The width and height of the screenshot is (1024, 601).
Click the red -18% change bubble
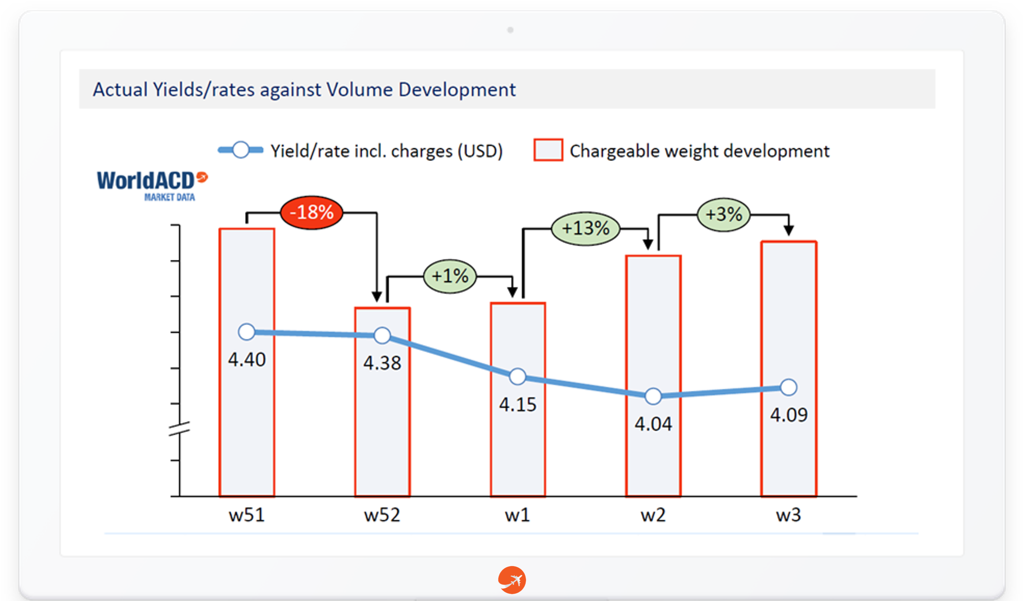[x=312, y=212]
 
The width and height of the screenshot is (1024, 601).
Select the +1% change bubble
[x=450, y=276]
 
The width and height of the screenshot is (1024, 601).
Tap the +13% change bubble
[x=585, y=228]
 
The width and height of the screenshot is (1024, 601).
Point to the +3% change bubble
[x=724, y=214]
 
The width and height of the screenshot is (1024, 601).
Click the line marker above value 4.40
[x=247, y=332]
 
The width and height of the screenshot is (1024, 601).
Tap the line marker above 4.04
[x=653, y=396]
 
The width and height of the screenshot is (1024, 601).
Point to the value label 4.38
[x=382, y=363]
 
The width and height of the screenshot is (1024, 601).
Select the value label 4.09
[x=789, y=415]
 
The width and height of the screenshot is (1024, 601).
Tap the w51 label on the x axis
[x=247, y=515]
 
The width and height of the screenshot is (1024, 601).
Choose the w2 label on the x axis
[x=653, y=515]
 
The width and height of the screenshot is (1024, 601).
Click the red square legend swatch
[x=548, y=150]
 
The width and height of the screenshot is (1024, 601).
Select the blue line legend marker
[x=241, y=150]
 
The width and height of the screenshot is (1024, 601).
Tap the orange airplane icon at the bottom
[x=512, y=580]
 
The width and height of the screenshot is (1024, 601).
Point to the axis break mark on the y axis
[x=179, y=429]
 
